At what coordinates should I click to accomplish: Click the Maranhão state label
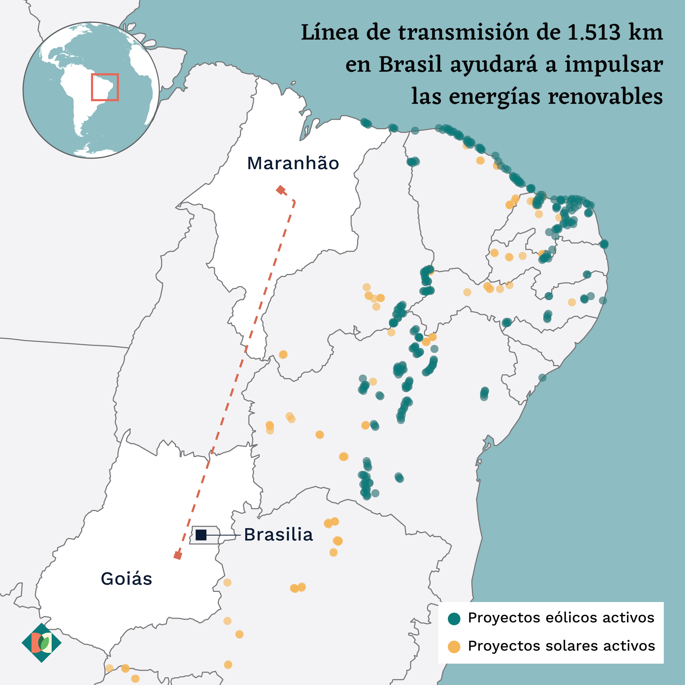(x=293, y=163)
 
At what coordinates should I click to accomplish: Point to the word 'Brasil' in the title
(x=410, y=65)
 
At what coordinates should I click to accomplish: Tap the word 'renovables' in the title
(x=605, y=96)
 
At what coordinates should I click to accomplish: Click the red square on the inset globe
(x=105, y=87)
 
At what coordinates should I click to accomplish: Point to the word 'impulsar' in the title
(x=613, y=65)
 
